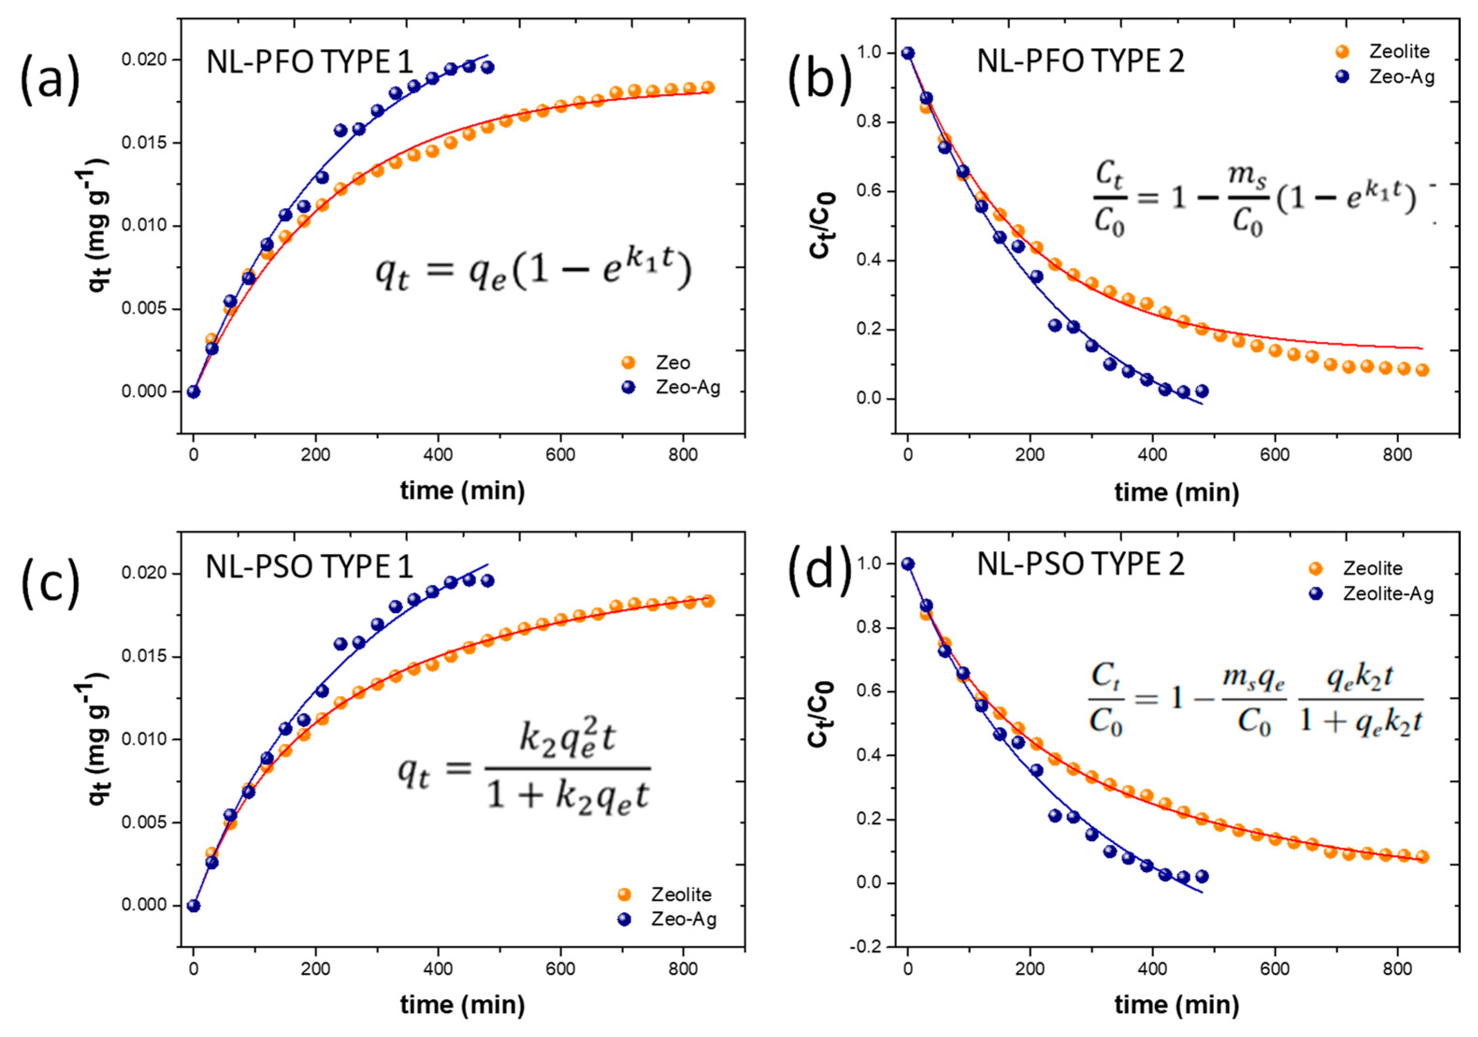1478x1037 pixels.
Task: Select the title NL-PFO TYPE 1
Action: click(x=309, y=63)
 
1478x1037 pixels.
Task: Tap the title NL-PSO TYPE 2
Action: click(x=1080, y=565)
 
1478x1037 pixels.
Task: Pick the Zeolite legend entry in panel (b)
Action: click(x=1399, y=51)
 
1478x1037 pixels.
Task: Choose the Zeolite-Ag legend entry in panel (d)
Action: click(x=1387, y=593)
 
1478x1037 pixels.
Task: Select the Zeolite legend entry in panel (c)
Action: click(x=681, y=894)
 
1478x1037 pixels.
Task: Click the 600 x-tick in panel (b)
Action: click(x=1275, y=454)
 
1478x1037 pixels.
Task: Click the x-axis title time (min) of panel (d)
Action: click(x=1176, y=1005)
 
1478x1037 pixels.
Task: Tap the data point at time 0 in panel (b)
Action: click(x=908, y=53)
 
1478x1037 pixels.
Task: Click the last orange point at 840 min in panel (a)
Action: click(x=708, y=87)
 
